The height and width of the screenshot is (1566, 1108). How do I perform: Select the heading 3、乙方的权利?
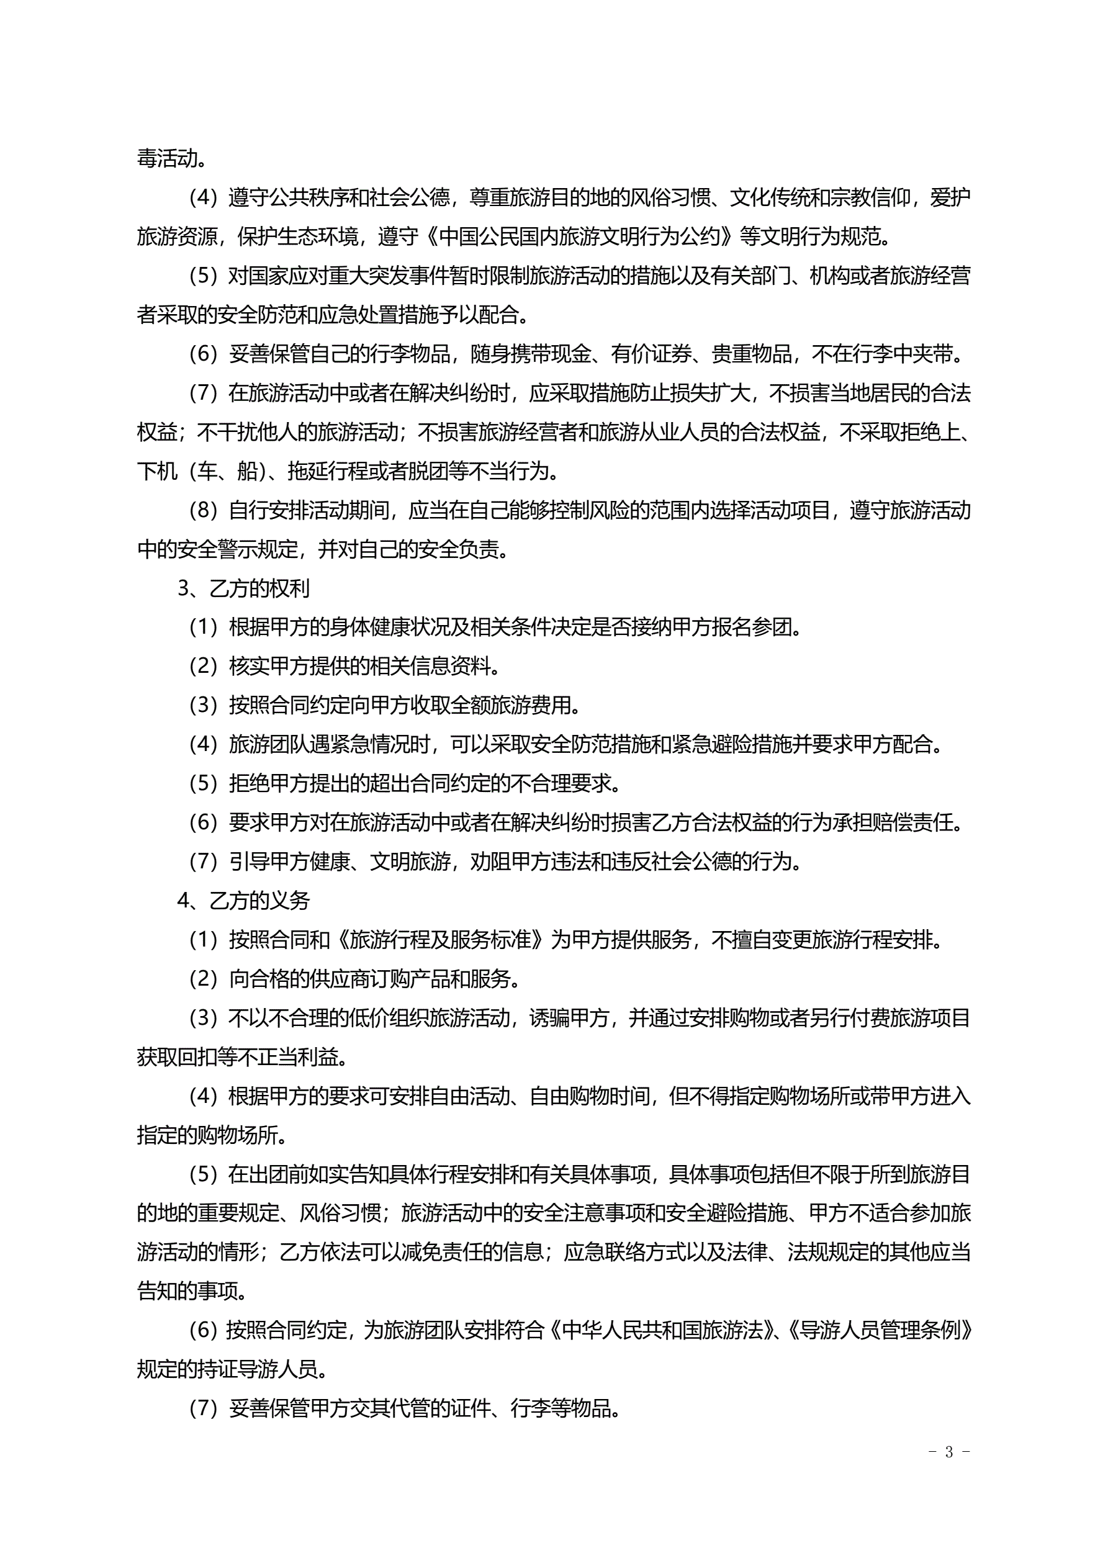[243, 588]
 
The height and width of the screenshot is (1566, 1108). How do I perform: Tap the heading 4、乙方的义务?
[243, 901]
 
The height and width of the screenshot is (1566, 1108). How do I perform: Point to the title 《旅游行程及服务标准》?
[440, 940]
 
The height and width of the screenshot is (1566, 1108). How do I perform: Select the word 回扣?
[198, 1057]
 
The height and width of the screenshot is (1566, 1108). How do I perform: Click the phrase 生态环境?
[318, 236]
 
